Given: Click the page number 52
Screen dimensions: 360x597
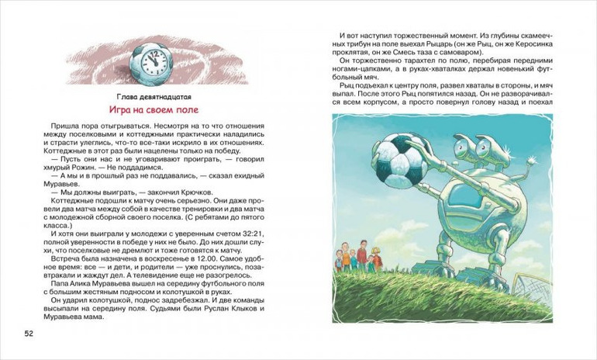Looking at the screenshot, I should [29, 334].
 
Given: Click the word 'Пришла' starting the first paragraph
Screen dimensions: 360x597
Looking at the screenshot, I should [66, 126].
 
